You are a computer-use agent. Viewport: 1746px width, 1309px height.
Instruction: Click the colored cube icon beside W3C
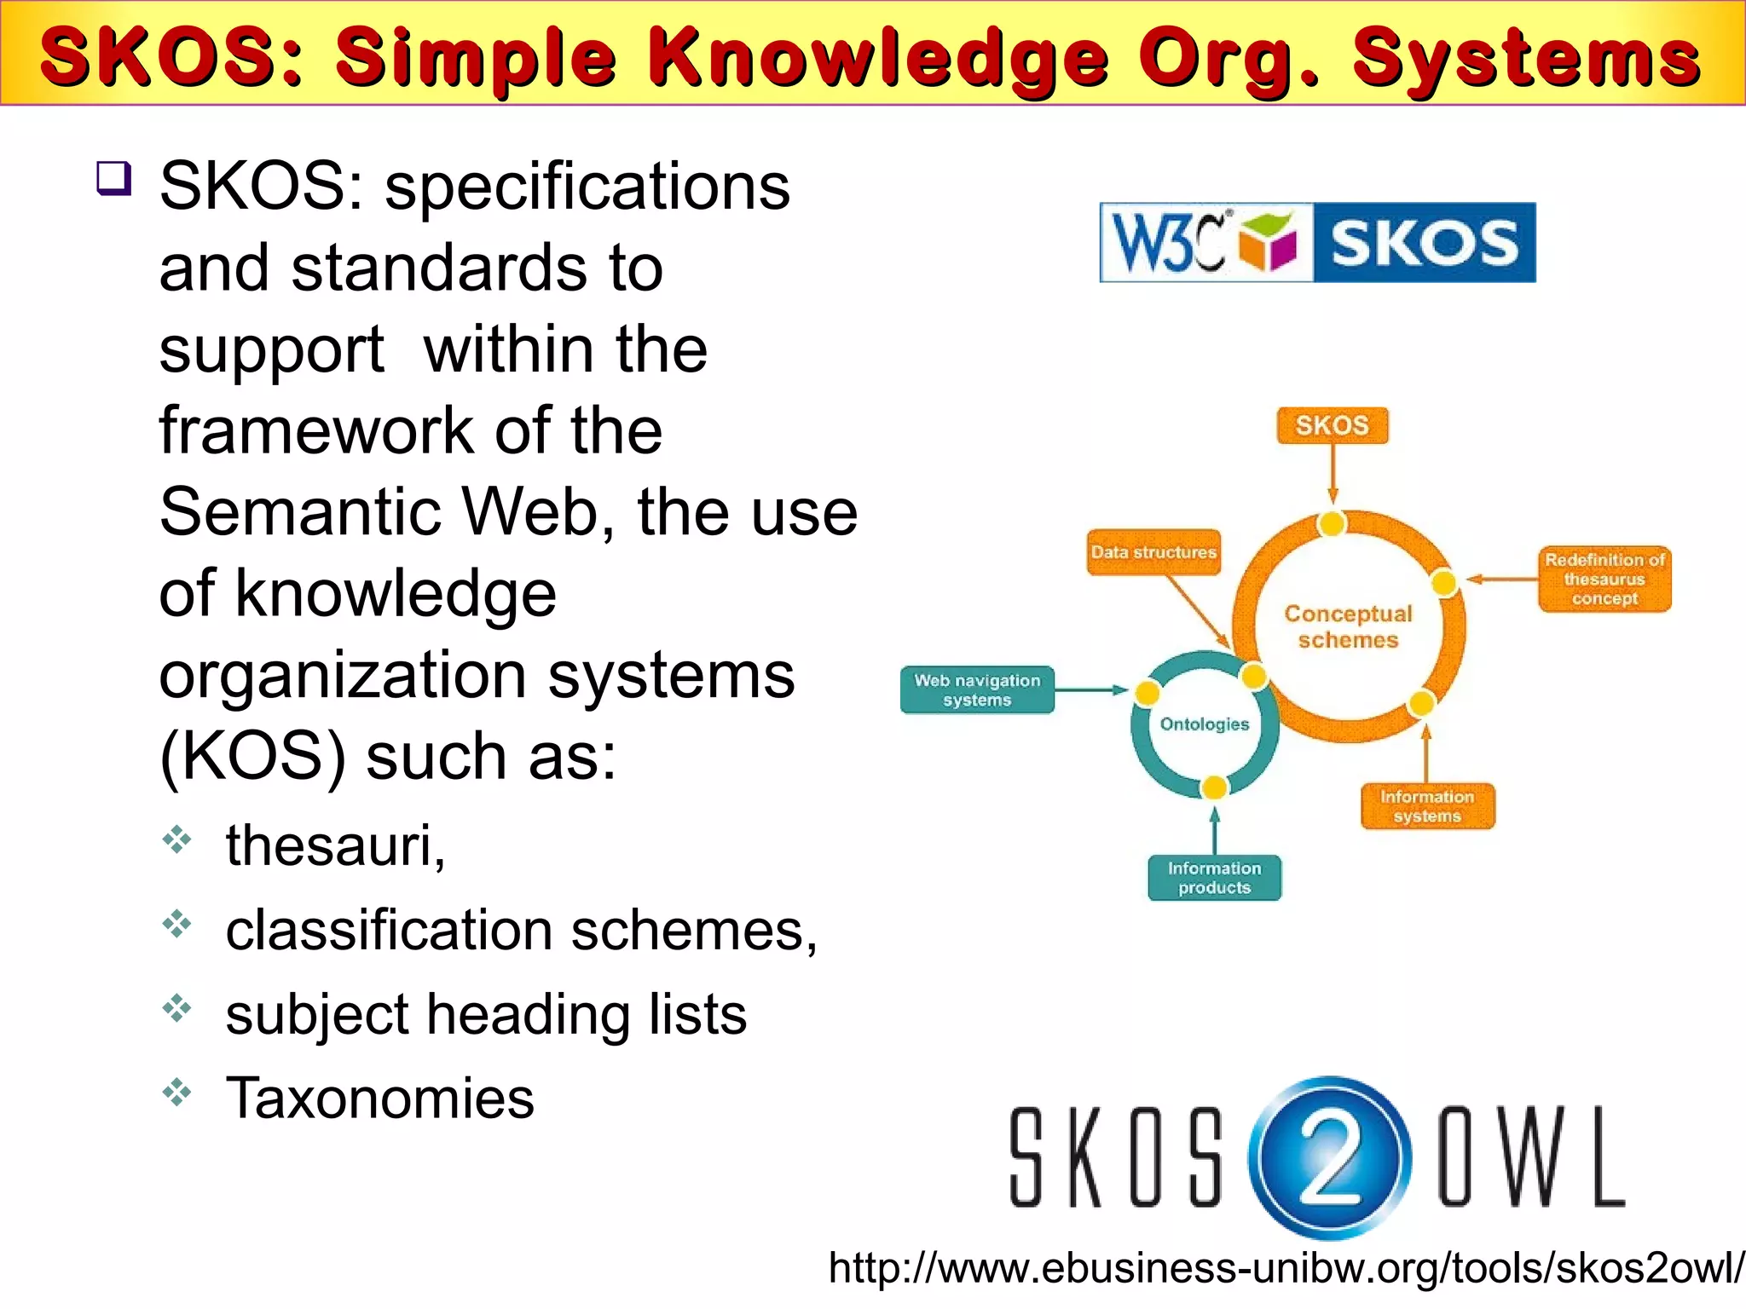(x=1268, y=242)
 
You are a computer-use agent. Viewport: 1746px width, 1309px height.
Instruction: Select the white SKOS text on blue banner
(x=1424, y=243)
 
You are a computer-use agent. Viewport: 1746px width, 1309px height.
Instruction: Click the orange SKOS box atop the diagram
(x=1332, y=425)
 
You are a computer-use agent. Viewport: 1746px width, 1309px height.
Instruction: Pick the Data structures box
(x=1153, y=552)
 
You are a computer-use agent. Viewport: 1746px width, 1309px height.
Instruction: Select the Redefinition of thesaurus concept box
(x=1604, y=579)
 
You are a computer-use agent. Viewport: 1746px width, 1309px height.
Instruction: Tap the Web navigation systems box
(x=977, y=689)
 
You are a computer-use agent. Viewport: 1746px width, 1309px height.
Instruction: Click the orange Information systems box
(x=1427, y=806)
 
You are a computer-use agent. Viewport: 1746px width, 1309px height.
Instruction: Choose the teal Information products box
(x=1214, y=878)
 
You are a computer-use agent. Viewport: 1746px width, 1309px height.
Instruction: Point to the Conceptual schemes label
(x=1348, y=626)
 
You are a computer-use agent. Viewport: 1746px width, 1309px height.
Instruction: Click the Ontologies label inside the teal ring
(x=1204, y=724)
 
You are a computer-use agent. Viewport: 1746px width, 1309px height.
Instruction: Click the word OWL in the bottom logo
(x=1531, y=1156)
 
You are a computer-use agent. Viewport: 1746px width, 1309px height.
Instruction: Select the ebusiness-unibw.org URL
(x=1286, y=1268)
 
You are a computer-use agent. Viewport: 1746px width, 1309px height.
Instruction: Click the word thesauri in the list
(x=334, y=845)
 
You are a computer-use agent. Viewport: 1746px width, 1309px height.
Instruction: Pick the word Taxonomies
(x=379, y=1098)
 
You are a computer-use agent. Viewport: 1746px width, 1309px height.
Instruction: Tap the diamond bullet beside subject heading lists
(x=177, y=1008)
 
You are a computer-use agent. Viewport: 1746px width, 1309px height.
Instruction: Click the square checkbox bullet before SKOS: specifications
(x=114, y=178)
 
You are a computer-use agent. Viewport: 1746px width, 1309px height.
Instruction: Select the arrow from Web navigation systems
(x=1091, y=689)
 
